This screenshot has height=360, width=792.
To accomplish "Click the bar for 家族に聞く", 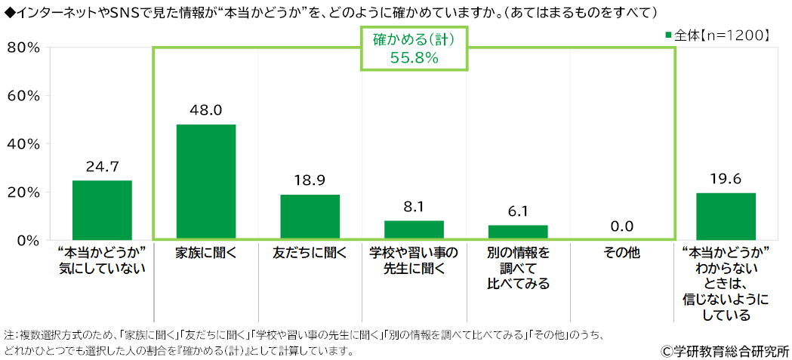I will [x=205, y=182].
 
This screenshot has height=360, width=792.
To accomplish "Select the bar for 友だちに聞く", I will [x=310, y=217].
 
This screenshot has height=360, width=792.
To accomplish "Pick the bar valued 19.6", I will [x=726, y=217].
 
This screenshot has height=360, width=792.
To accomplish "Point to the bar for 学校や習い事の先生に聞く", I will [x=414, y=230].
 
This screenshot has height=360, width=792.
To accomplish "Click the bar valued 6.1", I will [x=518, y=232].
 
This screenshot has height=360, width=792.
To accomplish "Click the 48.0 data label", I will [x=205, y=110].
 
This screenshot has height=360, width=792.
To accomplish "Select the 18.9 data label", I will [x=310, y=181].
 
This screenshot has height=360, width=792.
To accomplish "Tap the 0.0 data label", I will [x=622, y=226].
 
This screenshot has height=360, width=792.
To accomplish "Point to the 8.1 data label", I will [x=414, y=207].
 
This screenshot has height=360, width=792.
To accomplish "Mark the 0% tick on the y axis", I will [x=27, y=241].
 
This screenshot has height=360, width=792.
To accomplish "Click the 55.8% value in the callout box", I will [x=414, y=58].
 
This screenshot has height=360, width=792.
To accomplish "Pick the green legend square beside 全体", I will [x=669, y=35].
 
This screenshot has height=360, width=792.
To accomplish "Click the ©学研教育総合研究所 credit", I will [x=725, y=351].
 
